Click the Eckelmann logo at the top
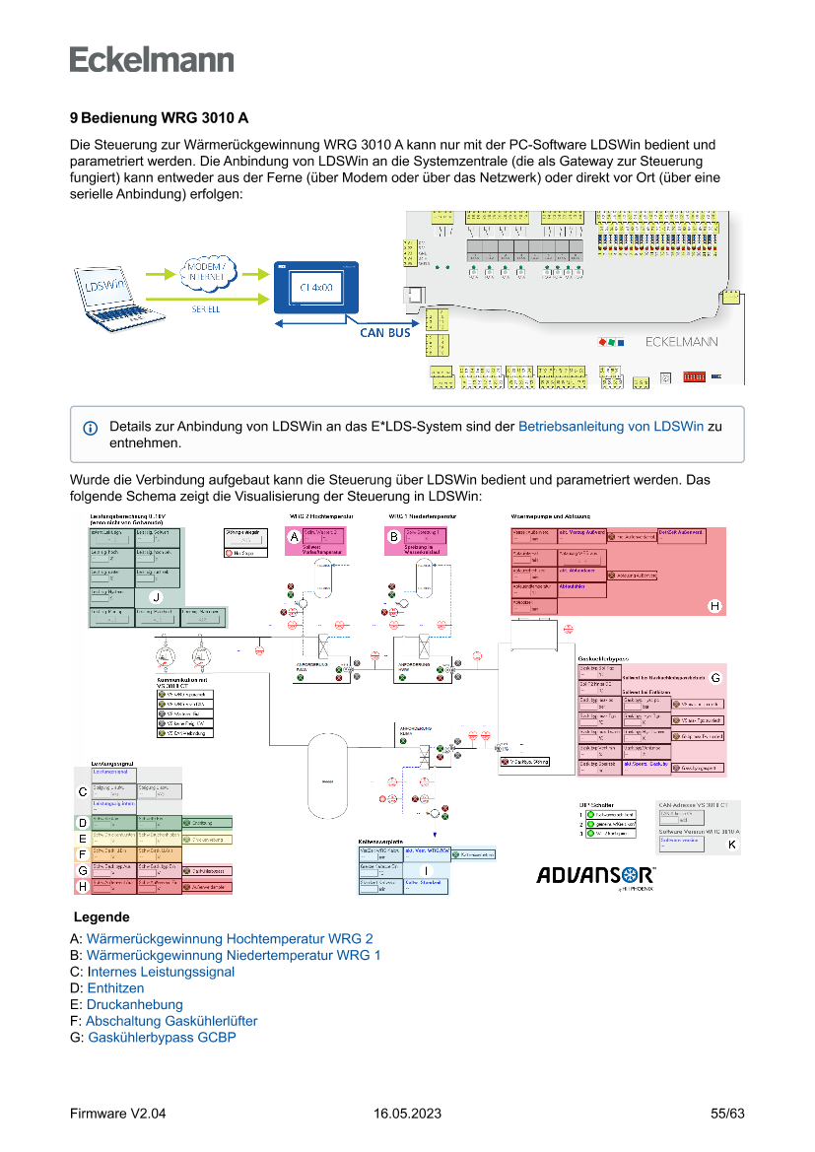(152, 59)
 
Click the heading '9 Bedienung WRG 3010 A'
(159, 118)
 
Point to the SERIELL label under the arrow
(205, 308)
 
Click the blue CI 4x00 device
(316, 289)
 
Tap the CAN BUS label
(385, 333)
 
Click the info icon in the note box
(91, 428)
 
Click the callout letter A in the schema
(293, 537)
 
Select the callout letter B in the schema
(394, 537)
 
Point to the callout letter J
(155, 597)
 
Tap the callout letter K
(731, 845)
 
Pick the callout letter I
(426, 871)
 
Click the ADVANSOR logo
(596, 875)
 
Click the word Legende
(108, 916)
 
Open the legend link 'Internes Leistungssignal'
(161, 972)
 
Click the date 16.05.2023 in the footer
(407, 1114)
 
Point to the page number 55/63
(727, 1114)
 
